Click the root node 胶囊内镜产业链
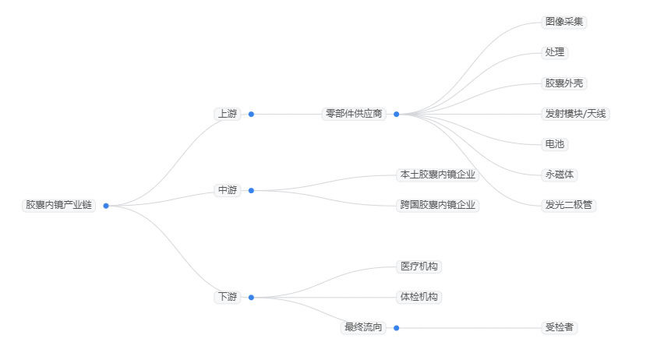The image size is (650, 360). pyautogui.click(x=58, y=205)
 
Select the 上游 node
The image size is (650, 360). pyautogui.click(x=228, y=114)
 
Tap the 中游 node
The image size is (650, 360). pyautogui.click(x=228, y=190)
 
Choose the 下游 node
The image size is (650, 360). pyautogui.click(x=228, y=297)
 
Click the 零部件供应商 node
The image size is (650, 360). pyautogui.click(x=355, y=114)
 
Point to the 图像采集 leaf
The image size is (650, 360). pyautogui.click(x=564, y=22)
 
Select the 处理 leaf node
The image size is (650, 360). pyautogui.click(x=555, y=52)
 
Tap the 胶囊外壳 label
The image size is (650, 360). pyautogui.click(x=564, y=83)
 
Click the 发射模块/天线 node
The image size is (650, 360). pyautogui.click(x=576, y=114)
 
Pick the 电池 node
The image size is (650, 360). pyautogui.click(x=555, y=144)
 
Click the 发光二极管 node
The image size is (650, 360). pyautogui.click(x=569, y=205)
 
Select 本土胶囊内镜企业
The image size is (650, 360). pyautogui.click(x=437, y=175)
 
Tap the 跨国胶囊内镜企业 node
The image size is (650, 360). pyautogui.click(x=437, y=205)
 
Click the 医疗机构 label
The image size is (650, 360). pyautogui.click(x=419, y=266)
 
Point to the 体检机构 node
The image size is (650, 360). pyautogui.click(x=419, y=297)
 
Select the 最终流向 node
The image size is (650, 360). pyautogui.click(x=364, y=327)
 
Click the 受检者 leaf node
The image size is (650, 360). pyautogui.click(x=560, y=327)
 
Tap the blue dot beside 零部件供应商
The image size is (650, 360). pyautogui.click(x=396, y=114)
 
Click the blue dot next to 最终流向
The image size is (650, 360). pyautogui.click(x=396, y=328)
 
